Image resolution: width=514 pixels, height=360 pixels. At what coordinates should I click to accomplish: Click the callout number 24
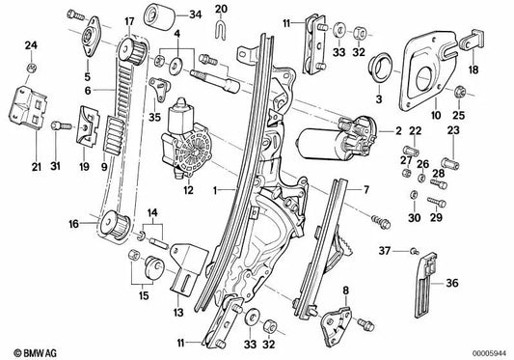(30, 44)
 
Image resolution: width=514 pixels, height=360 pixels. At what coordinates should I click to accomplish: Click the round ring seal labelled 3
(381, 70)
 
